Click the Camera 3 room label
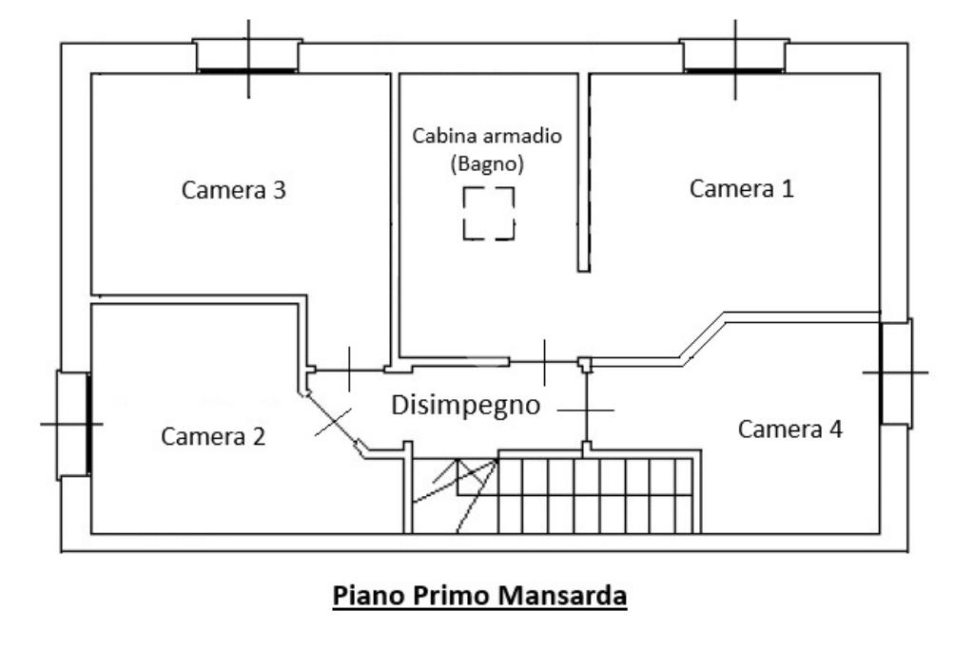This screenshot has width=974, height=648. (x=234, y=190)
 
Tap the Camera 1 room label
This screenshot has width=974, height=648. (x=741, y=188)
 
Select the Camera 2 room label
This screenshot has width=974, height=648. (x=213, y=436)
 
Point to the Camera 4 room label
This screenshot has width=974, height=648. (x=790, y=429)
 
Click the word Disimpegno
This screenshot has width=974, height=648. (x=466, y=406)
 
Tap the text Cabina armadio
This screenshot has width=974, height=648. (x=487, y=135)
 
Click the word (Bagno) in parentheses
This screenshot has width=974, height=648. (x=487, y=162)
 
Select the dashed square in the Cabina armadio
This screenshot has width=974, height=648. (x=489, y=214)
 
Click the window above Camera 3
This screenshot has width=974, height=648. (x=248, y=57)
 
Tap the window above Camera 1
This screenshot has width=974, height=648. (x=734, y=57)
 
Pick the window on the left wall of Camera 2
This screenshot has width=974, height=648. (x=74, y=424)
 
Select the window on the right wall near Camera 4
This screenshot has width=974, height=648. (x=895, y=372)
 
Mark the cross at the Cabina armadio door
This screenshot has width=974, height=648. (x=544, y=362)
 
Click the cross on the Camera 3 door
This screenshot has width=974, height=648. (x=349, y=370)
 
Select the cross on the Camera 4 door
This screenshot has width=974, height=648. (x=586, y=410)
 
